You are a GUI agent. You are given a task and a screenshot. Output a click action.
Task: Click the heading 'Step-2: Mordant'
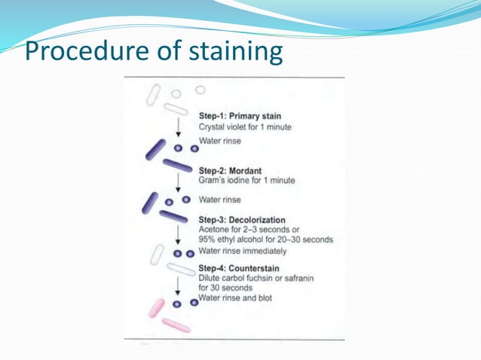pyautogui.click(x=230, y=170)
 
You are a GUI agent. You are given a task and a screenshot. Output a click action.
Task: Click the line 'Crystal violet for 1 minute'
pyautogui.click(x=244, y=127)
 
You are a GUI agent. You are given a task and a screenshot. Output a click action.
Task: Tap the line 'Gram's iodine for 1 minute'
pyautogui.click(x=247, y=181)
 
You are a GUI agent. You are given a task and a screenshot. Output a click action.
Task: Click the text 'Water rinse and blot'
pyautogui.click(x=234, y=297)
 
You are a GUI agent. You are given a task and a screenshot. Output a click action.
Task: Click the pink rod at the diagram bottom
pyautogui.click(x=176, y=325)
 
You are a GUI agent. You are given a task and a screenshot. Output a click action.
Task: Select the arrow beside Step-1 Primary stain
pyautogui.click(x=177, y=125)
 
